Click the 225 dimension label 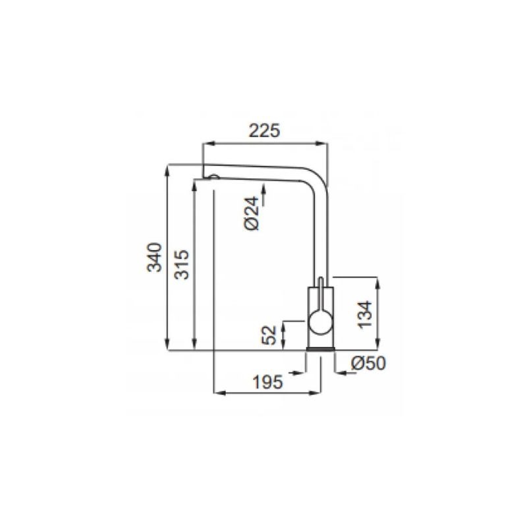point(264,130)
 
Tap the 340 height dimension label point(155,257)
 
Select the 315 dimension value point(182,265)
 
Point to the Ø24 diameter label point(252,213)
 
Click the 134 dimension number point(365,315)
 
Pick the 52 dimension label point(269,335)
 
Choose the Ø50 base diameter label point(368,364)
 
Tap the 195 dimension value point(268,382)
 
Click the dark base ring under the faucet point(320,349)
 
